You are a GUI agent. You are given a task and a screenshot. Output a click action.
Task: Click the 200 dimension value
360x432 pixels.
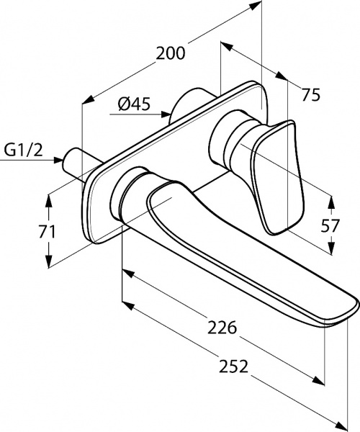tap(171, 53)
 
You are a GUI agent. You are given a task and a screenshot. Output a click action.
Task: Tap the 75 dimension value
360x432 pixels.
tap(311, 94)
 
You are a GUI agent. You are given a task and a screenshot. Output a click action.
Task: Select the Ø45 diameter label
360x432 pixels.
tap(134, 104)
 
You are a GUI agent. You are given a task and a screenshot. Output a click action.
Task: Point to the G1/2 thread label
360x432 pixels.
tap(24, 150)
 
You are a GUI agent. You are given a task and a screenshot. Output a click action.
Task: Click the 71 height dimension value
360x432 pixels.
tap(47, 231)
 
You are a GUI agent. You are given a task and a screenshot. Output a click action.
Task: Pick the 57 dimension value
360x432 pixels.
tap(330, 226)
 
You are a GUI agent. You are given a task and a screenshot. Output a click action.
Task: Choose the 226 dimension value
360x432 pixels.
tap(222, 328)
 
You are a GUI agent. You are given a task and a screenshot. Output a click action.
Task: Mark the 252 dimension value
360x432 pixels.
tap(233, 366)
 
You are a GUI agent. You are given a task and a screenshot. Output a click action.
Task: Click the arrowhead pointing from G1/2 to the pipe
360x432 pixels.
tap(58, 160)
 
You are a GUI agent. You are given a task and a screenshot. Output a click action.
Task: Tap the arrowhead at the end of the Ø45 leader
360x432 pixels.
tap(166, 114)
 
